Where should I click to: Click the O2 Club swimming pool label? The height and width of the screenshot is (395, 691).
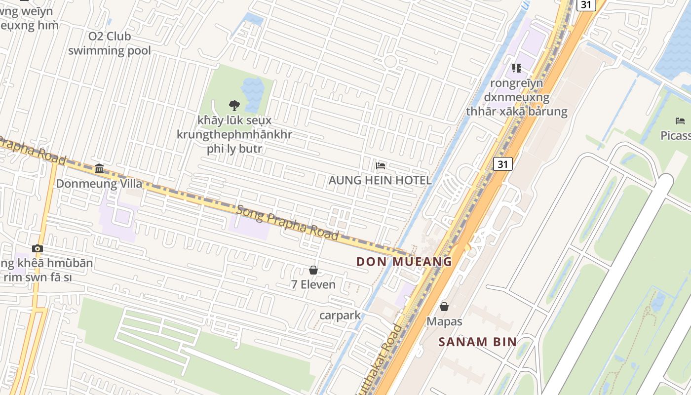(110, 43)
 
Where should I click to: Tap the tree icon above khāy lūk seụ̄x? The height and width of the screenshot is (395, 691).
(234, 105)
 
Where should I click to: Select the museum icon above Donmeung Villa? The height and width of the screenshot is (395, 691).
(99, 169)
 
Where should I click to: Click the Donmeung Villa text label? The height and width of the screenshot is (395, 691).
(99, 184)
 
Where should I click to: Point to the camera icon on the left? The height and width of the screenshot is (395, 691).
(38, 248)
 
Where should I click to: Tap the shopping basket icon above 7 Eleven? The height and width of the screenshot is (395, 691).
(313, 270)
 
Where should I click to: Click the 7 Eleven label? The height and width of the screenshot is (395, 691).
(313, 284)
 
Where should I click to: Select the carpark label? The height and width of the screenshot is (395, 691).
(340, 315)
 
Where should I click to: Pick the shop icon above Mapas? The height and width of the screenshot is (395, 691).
(444, 307)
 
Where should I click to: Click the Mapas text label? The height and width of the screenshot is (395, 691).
(444, 321)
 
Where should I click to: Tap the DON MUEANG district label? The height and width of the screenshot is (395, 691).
(404, 262)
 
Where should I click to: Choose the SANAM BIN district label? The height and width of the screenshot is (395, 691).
(477, 341)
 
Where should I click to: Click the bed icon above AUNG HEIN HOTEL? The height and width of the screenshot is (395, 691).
(381, 166)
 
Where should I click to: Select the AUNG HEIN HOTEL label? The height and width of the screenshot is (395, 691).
(380, 181)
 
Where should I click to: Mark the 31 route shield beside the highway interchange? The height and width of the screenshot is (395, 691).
(502, 164)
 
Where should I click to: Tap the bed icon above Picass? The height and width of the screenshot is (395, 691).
(680, 121)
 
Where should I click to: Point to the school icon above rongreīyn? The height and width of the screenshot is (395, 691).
(517, 68)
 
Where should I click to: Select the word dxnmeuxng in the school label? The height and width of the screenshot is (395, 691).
(516, 97)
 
